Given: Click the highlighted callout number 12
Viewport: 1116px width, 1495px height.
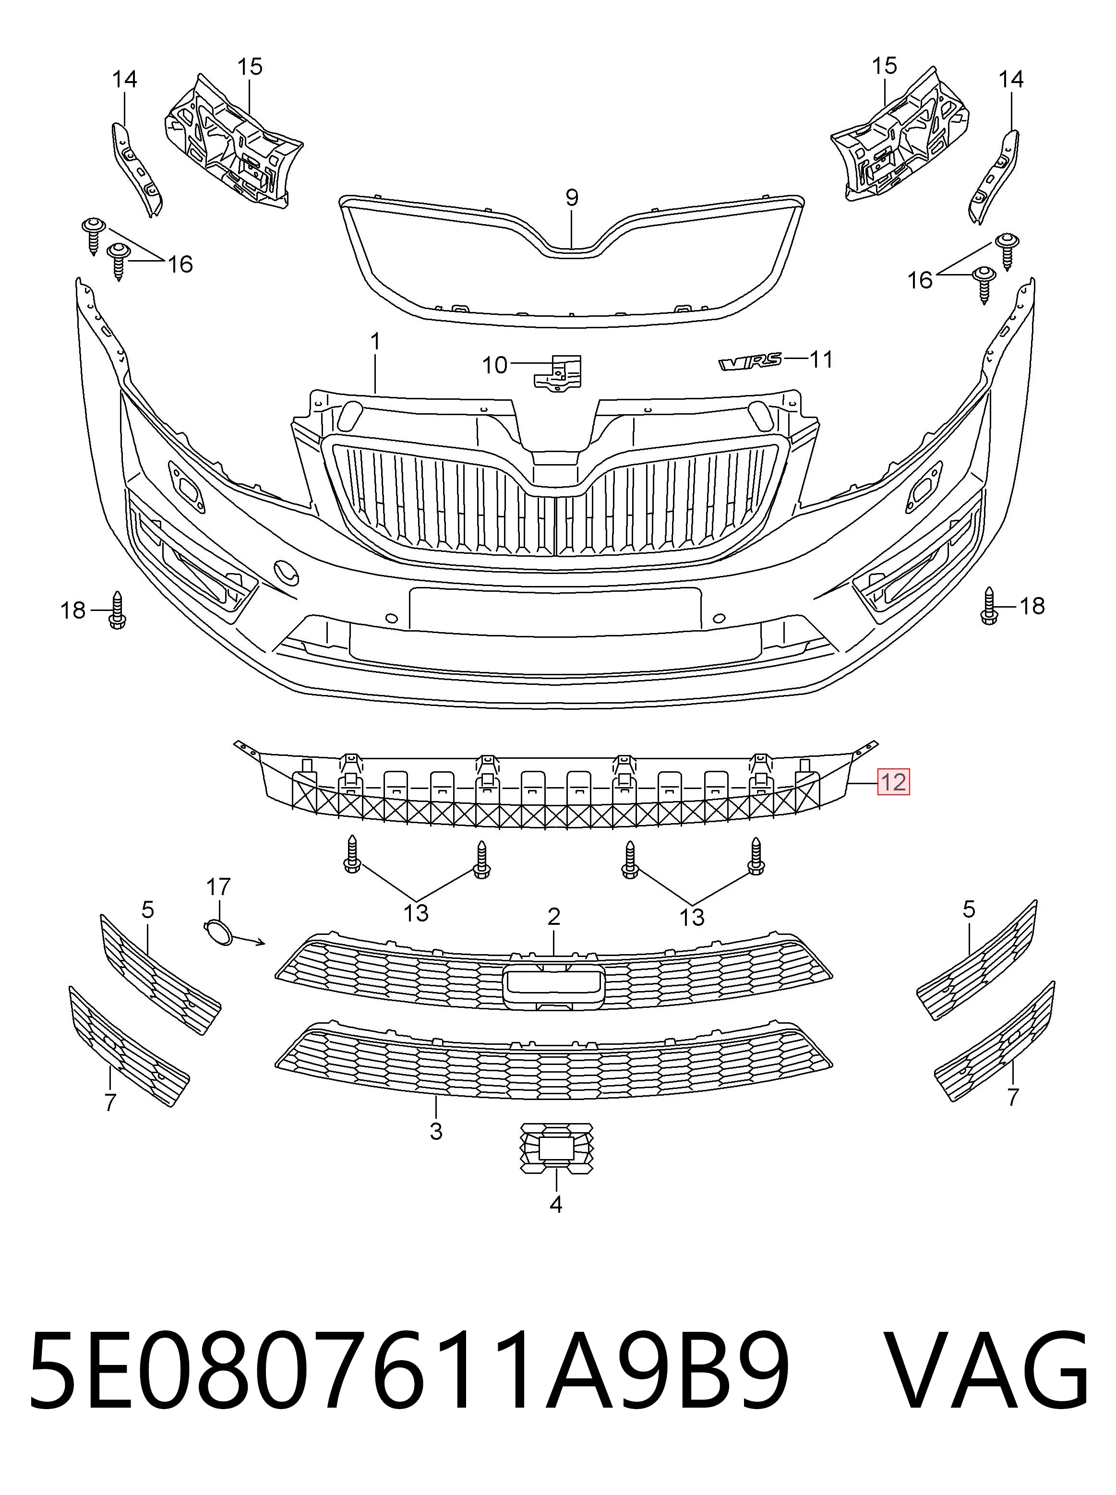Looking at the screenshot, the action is [x=893, y=782].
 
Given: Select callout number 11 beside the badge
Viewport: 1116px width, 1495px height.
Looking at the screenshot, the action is [x=821, y=359].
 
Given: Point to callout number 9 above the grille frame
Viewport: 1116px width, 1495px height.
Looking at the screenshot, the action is [x=572, y=198].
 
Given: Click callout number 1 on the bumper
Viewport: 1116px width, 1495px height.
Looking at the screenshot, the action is [x=376, y=342].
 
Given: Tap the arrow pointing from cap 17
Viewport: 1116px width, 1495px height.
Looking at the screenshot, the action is [x=249, y=940].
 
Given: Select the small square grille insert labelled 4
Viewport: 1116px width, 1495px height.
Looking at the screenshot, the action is [x=557, y=1148].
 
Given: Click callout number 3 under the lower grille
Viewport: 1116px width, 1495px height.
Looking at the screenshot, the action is [x=436, y=1131].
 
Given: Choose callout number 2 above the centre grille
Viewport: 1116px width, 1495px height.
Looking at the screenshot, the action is [x=554, y=917].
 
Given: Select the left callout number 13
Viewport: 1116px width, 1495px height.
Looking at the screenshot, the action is [x=416, y=913].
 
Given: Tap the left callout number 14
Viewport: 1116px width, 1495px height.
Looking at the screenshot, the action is [x=125, y=79].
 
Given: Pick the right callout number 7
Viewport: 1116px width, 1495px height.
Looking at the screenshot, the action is [x=1013, y=1098].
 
